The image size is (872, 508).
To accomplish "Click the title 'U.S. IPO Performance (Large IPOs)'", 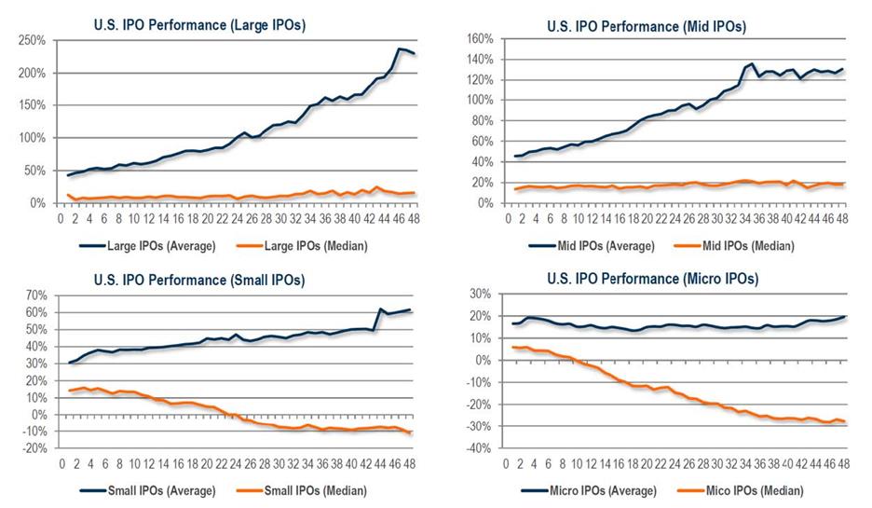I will (198, 26).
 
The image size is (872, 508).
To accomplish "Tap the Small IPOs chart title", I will (198, 279).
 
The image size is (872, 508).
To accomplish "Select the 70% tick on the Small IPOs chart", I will (35, 295).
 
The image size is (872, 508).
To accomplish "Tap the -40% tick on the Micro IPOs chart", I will (476, 448).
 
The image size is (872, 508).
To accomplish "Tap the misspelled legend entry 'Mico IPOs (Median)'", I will (744, 490).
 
